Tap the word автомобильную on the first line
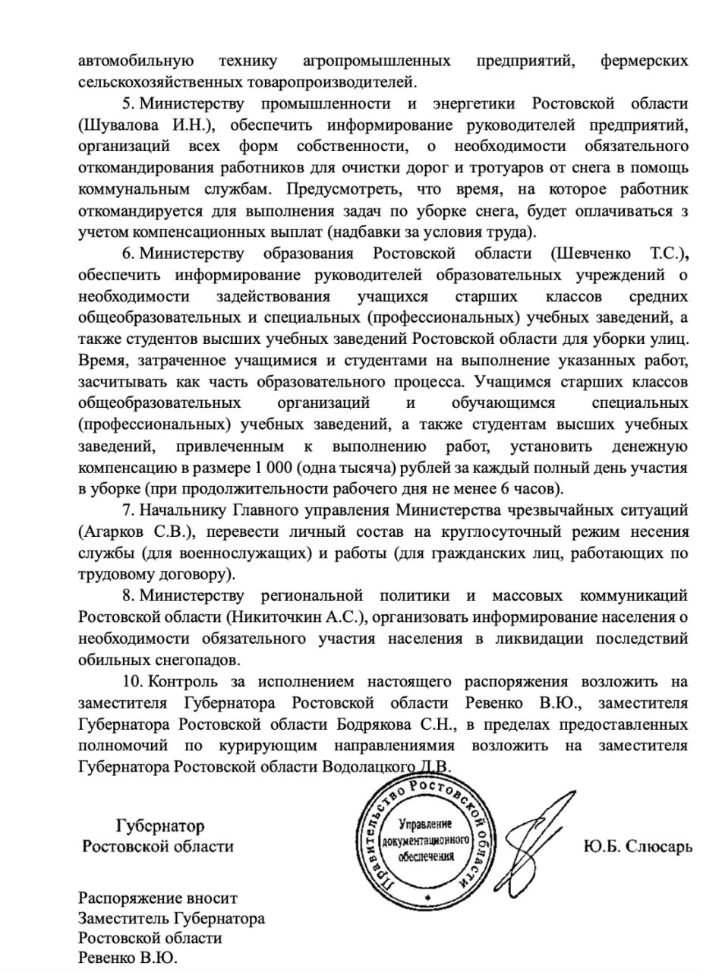(136, 60)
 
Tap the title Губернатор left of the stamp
(159, 825)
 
